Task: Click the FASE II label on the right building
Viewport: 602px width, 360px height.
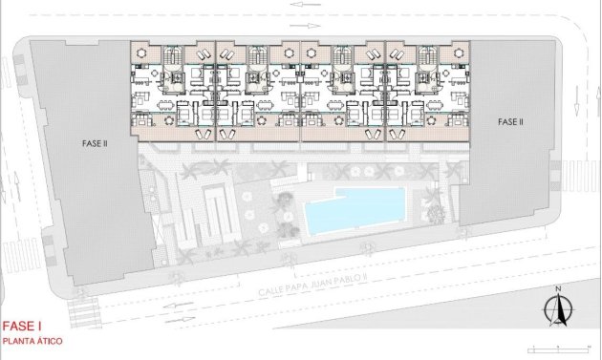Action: point(510,122)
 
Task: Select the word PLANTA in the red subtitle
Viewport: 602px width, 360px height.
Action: point(17,340)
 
